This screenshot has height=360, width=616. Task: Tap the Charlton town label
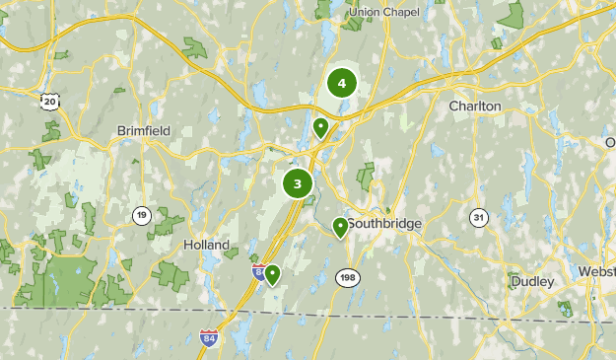click(475, 106)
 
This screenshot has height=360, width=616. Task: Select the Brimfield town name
click(144, 131)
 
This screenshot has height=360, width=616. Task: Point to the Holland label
click(207, 245)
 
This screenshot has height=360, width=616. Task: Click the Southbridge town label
click(384, 224)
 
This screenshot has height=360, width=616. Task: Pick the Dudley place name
click(532, 282)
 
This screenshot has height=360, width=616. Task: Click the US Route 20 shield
click(49, 101)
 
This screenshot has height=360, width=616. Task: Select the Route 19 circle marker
click(142, 215)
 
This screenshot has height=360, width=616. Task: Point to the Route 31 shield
click(479, 217)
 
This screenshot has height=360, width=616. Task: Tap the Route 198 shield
click(347, 278)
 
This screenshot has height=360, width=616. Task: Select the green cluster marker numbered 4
click(341, 83)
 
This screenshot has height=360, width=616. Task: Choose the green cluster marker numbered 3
click(297, 182)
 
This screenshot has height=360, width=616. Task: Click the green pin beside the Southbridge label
click(340, 228)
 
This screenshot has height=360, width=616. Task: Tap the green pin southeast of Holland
click(272, 274)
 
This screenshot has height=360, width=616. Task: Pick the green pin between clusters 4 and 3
click(320, 127)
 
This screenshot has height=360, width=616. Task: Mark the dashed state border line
click(99, 310)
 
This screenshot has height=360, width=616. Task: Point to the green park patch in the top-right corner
click(511, 15)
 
